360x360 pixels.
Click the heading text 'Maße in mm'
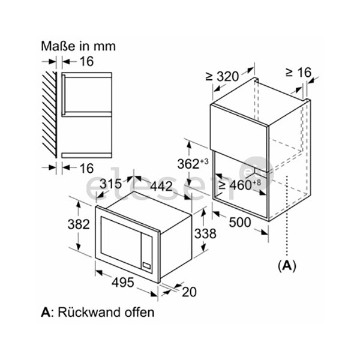(x=78, y=46)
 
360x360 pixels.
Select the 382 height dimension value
(x=79, y=224)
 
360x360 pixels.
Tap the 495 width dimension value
(x=122, y=282)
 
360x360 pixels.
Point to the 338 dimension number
(x=205, y=234)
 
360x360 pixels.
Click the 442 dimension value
(x=161, y=186)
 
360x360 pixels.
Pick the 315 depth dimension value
(x=110, y=184)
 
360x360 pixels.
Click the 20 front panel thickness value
(x=189, y=292)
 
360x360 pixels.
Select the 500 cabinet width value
(x=240, y=222)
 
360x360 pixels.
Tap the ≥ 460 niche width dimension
(x=240, y=185)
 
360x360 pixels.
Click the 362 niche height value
(x=193, y=163)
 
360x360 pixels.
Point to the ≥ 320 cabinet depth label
(x=222, y=76)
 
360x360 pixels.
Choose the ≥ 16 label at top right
(x=298, y=73)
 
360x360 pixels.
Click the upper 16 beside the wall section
(x=86, y=61)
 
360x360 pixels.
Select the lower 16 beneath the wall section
(x=86, y=168)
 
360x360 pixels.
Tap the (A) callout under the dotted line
(x=287, y=266)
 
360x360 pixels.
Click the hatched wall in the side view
(x=50, y=115)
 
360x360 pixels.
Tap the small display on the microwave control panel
(x=146, y=265)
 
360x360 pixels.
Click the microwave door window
(x=121, y=242)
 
